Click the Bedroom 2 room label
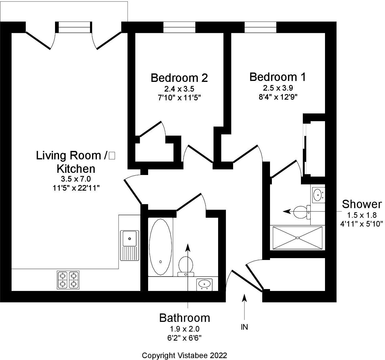click(x=179, y=78)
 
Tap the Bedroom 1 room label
click(x=277, y=77)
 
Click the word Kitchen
click(x=76, y=169)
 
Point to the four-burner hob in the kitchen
click(x=68, y=280)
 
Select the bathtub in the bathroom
click(x=160, y=247)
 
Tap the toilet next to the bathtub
click(x=186, y=266)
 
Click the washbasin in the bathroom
click(x=204, y=284)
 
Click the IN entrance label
click(x=244, y=327)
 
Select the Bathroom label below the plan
click(x=184, y=318)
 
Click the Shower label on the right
click(x=362, y=204)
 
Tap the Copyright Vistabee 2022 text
click(x=184, y=355)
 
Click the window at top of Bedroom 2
click(x=179, y=27)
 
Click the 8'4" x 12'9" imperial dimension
click(x=277, y=97)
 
